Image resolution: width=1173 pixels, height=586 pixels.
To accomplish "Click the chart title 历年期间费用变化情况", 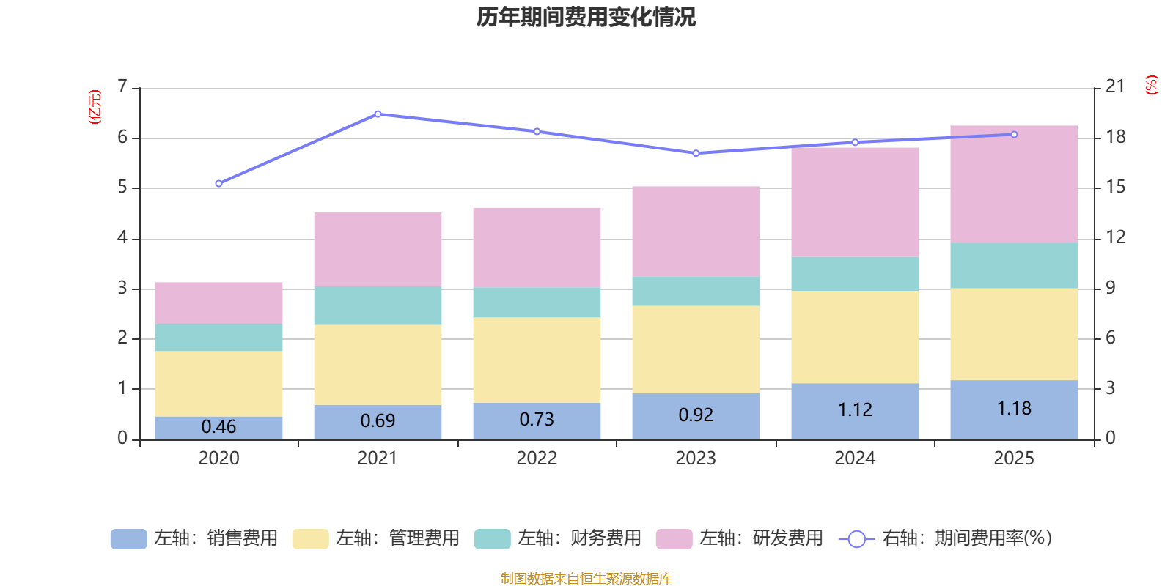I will point(586,17).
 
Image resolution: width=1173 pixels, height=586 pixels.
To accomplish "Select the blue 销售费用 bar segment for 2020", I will point(218,428).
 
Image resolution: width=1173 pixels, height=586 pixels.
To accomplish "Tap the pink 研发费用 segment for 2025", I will point(1014,184).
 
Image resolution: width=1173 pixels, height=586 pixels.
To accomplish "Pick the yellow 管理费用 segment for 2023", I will point(696,349).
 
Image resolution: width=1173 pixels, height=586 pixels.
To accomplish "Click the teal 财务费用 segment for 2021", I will point(378,305).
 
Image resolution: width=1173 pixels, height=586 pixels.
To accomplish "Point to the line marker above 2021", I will point(378,114).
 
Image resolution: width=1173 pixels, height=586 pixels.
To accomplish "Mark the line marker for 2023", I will point(696,153).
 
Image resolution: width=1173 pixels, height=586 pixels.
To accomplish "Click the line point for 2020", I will point(218,184).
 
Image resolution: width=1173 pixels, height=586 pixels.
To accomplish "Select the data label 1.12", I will point(855,410).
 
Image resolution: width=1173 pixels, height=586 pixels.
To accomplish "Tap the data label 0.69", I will point(378,421).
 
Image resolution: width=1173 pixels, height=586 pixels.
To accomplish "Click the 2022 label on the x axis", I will point(537,459).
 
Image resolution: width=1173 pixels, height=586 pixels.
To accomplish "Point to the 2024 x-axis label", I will point(855,459).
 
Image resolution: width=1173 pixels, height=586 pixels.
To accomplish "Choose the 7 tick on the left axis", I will point(122,86).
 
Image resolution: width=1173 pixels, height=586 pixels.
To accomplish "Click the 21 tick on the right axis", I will point(1115,86).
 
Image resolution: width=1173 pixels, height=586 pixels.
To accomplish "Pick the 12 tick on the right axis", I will point(1115,237).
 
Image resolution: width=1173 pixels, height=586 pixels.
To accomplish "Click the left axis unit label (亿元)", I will point(94,107).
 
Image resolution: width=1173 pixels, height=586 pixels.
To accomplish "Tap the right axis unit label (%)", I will point(1151,85).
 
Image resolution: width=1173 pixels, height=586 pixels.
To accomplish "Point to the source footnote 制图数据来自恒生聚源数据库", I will point(586,579).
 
